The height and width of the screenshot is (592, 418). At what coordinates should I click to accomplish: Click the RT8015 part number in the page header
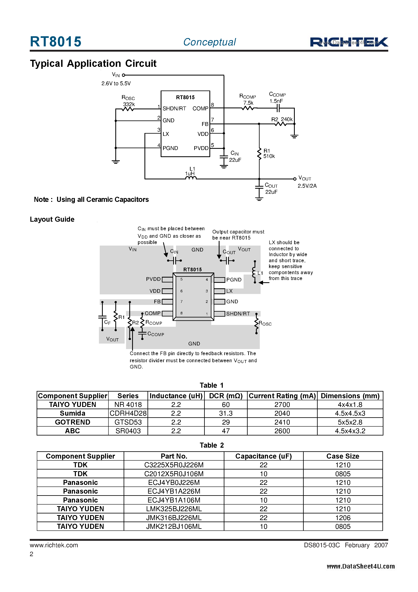[56, 42]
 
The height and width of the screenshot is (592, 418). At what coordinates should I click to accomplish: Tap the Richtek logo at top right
[349, 42]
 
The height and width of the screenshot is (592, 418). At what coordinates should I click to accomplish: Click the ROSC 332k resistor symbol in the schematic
[128, 109]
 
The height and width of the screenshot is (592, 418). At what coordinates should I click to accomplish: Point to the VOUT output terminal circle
[295, 179]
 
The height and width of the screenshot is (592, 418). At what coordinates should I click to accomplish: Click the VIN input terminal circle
[124, 75]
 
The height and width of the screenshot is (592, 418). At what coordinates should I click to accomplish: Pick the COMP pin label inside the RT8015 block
[200, 109]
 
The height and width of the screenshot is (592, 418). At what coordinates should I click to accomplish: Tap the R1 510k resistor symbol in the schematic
[259, 154]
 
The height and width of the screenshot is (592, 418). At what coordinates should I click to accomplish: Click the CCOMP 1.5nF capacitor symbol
[278, 109]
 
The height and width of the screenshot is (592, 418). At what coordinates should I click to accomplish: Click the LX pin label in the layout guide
[229, 291]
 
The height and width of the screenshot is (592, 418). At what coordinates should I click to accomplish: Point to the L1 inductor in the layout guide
[255, 272]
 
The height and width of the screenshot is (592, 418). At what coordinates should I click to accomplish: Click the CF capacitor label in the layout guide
[107, 322]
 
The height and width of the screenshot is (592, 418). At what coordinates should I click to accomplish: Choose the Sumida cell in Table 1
[72, 413]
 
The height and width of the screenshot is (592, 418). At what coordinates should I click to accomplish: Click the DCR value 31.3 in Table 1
[226, 413]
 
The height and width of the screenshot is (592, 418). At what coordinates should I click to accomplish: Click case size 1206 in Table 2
[343, 518]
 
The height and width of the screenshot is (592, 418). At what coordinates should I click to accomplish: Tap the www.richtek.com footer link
[54, 545]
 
